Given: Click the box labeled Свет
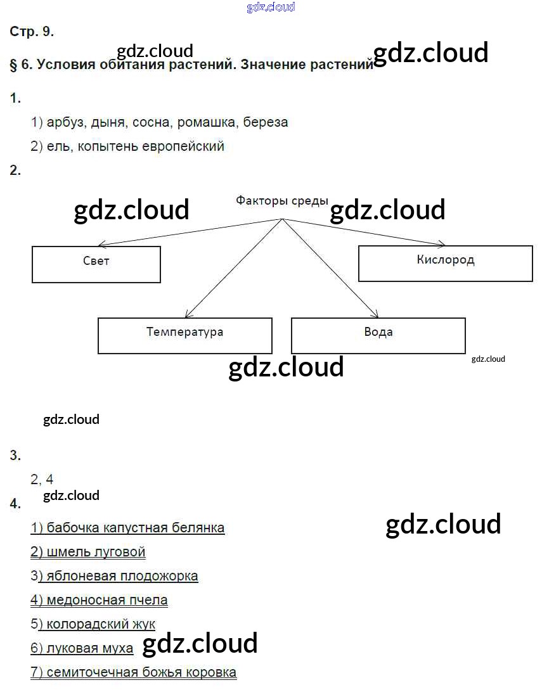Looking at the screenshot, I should [x=96, y=264].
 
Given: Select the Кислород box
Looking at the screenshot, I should [x=445, y=263].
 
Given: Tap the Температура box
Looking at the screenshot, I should [x=184, y=335].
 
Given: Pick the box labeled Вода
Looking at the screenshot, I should [x=378, y=335].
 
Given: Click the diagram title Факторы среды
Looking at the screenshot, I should [x=282, y=201].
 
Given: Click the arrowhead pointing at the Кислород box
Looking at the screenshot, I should [x=442, y=244].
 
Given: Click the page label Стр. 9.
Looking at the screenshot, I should [x=32, y=32].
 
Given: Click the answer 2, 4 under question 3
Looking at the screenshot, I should [x=42, y=479].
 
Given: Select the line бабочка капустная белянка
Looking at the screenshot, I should [x=127, y=527].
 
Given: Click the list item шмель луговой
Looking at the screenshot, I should [x=88, y=552].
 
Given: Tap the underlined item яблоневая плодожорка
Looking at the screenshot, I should [x=117, y=576].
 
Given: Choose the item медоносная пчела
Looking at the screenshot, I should [x=100, y=599].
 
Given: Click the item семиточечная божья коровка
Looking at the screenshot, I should [x=134, y=672].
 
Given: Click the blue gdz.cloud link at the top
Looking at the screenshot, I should [x=271, y=8].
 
